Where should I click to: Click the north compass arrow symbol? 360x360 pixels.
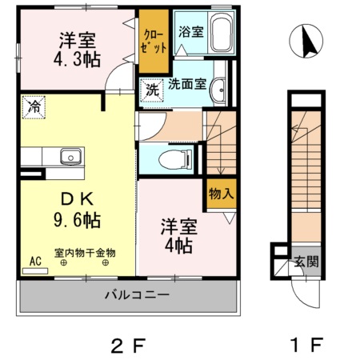point(309,42)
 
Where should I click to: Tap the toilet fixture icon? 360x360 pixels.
point(171,159)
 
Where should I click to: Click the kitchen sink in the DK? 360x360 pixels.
point(70,155)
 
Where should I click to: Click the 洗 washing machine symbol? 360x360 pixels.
point(152,90)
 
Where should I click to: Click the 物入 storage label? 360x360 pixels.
point(221,194)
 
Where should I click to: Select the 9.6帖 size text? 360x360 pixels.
point(76,217)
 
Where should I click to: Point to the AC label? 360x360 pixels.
point(35,261)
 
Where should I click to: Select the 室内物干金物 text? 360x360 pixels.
point(85,253)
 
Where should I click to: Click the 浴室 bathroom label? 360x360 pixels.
point(190,33)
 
